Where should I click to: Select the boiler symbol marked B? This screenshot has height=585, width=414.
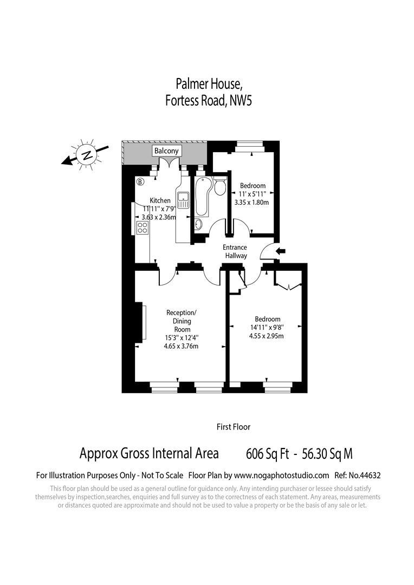pyautogui.click(x=140, y=182)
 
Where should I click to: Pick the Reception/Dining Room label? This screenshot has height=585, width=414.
pyautogui.click(x=182, y=321)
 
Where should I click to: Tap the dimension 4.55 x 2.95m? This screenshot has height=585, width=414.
pyautogui.click(x=267, y=336)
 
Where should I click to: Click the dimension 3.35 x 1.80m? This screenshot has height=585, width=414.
pyautogui.click(x=252, y=202)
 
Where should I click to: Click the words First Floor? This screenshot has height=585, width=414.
pyautogui.click(x=234, y=427)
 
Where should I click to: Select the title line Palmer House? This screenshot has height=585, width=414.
pyautogui.click(x=209, y=84)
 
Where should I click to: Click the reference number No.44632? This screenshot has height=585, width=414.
pyautogui.click(x=367, y=476)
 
